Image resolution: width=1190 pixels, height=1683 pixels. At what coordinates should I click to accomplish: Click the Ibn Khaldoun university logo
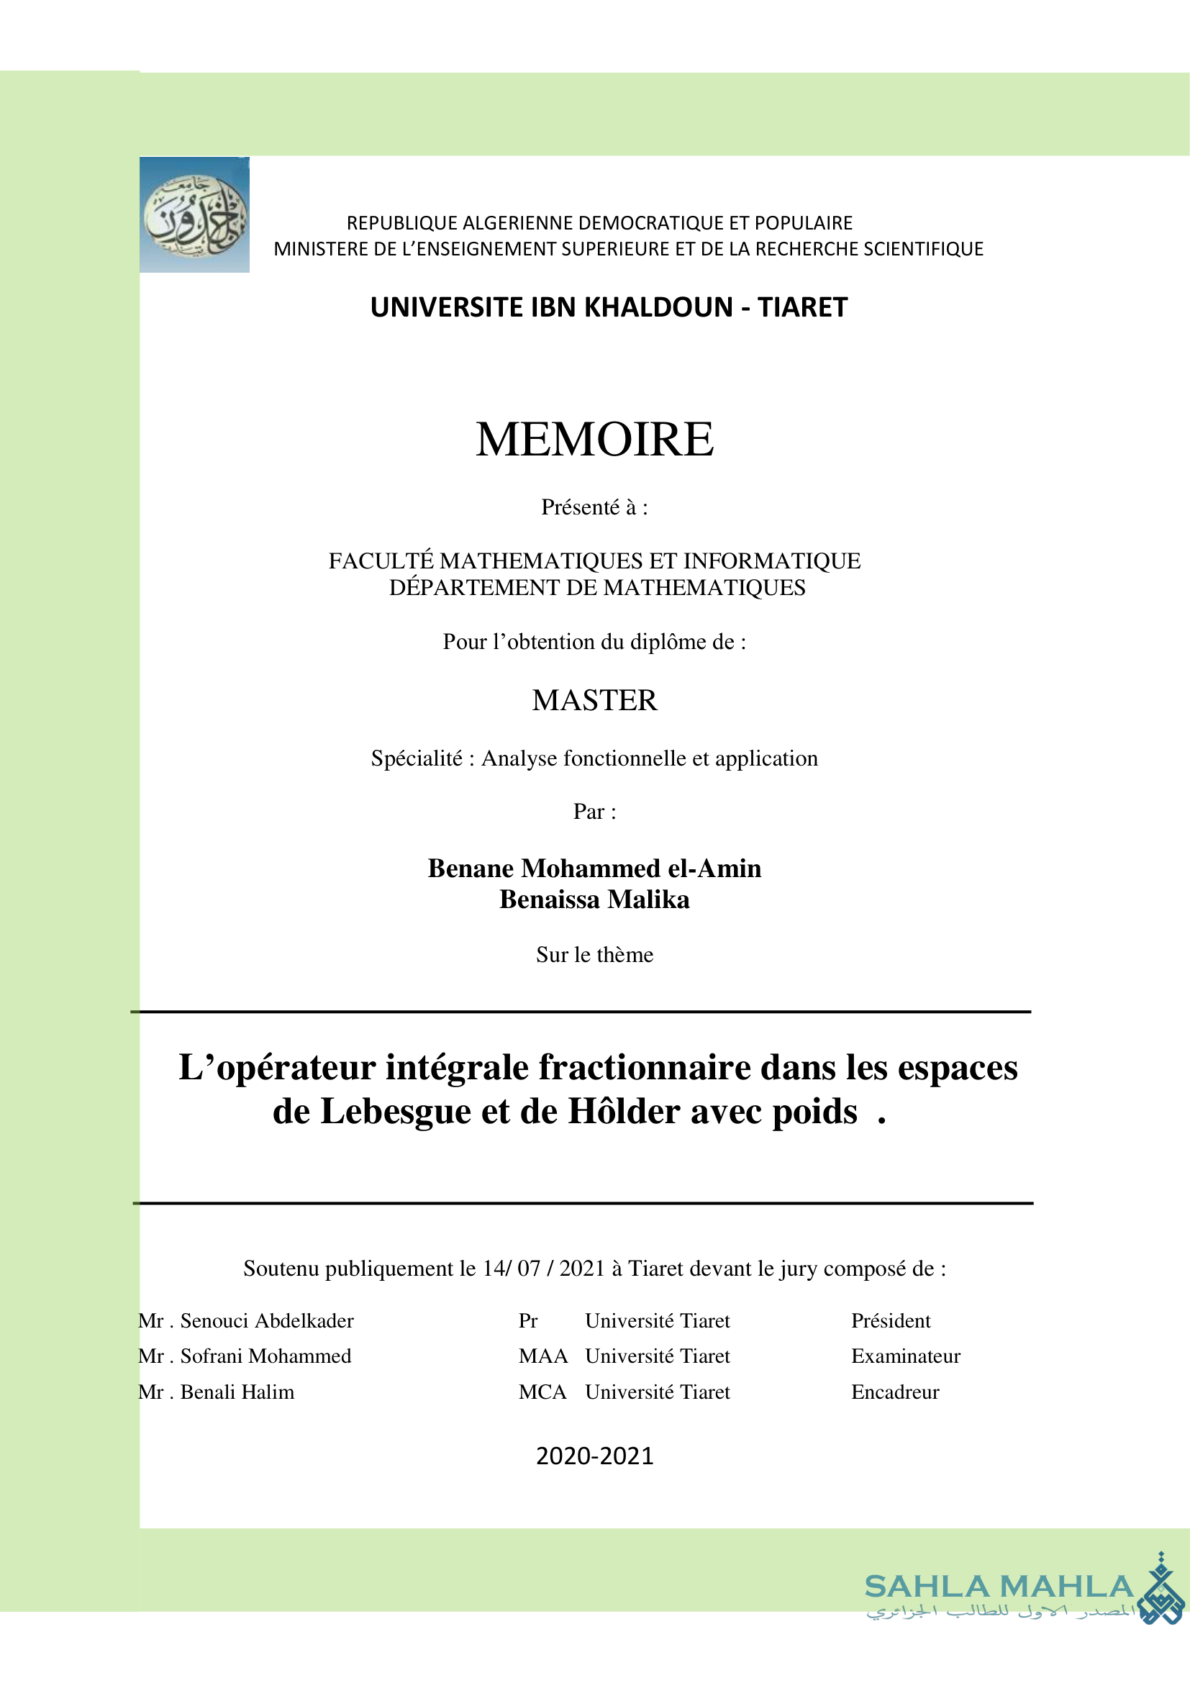(x=194, y=214)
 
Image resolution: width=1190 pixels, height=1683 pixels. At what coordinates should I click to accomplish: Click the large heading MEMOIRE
(x=594, y=439)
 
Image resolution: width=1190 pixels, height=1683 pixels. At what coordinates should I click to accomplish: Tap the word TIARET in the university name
(x=802, y=307)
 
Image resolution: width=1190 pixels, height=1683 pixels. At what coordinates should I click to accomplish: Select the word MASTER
(x=594, y=701)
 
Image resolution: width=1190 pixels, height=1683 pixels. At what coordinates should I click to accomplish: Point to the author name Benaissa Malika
(x=594, y=899)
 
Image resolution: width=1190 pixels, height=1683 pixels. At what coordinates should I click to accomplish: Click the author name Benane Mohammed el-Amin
(x=594, y=868)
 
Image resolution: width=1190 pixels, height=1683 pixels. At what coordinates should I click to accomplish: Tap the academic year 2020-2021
(x=594, y=1456)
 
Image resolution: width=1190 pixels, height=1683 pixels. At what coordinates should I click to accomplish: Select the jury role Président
(x=890, y=1321)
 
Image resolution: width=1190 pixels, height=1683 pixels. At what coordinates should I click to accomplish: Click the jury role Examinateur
(x=905, y=1356)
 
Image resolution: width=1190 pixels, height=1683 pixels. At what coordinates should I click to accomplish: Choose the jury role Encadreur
(x=895, y=1392)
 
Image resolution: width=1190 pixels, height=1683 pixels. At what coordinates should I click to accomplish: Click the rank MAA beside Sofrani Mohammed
(x=543, y=1356)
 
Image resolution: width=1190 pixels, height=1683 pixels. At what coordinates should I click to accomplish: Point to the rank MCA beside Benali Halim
(x=542, y=1392)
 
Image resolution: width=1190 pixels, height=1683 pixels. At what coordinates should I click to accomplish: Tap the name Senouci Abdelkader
(x=267, y=1321)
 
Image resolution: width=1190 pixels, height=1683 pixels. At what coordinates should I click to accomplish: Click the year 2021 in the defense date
(x=582, y=1269)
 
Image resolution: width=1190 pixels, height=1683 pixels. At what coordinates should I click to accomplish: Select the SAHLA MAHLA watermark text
(x=999, y=1587)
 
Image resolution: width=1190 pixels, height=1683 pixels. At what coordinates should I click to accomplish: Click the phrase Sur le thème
(x=594, y=954)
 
